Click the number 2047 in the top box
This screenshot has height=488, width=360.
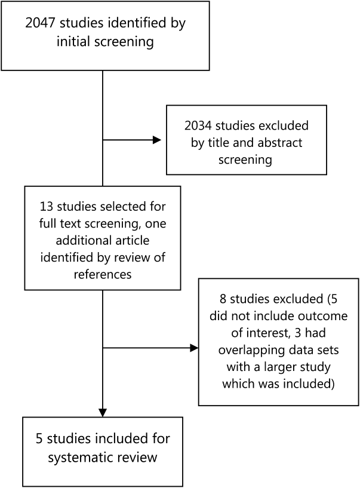click(41, 23)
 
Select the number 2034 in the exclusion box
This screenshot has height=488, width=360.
click(198, 125)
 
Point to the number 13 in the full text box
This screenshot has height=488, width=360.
click(46, 207)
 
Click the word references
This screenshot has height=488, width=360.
click(103, 275)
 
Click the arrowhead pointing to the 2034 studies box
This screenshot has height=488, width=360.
click(157, 140)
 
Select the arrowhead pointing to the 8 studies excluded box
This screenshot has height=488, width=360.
click(194, 348)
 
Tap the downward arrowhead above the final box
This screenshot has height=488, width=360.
click(103, 413)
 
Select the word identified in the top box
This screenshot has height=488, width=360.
click(136, 23)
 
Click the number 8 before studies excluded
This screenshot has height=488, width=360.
click(223, 299)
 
